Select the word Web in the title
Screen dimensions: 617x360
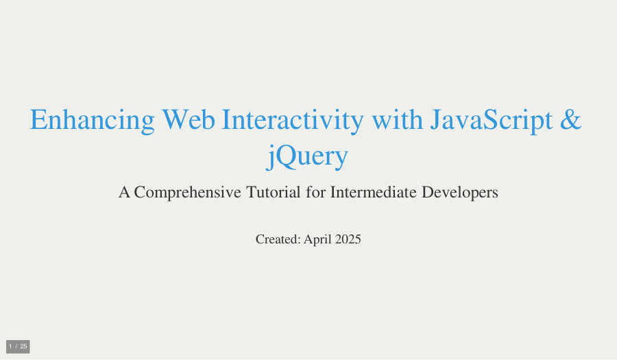tap(189, 119)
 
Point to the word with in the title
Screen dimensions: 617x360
tap(397, 119)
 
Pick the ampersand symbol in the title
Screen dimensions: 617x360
tap(570, 119)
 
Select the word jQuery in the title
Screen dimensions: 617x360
tap(307, 156)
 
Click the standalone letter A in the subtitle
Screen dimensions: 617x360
tap(124, 193)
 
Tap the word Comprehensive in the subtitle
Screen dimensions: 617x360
tap(187, 193)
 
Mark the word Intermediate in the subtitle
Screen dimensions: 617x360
tap(373, 192)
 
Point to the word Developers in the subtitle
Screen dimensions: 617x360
tap(459, 193)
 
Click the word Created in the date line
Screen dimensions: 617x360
tap(278, 239)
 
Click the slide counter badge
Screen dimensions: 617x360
tap(18, 346)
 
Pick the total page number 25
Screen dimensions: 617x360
tap(23, 346)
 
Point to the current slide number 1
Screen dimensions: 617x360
tap(10, 346)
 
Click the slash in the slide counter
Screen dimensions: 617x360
tap(16, 346)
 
